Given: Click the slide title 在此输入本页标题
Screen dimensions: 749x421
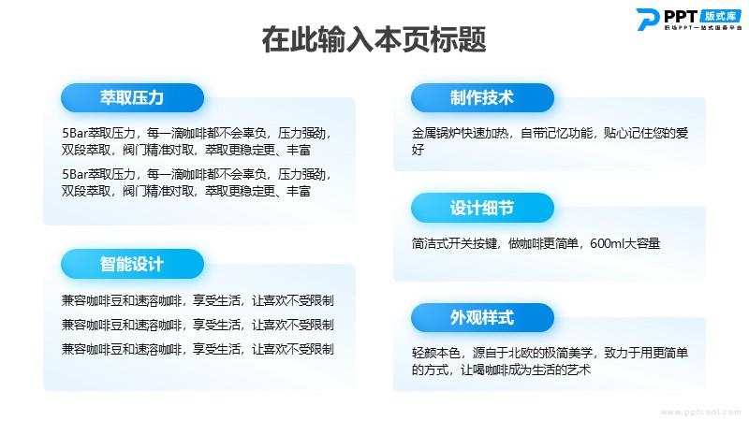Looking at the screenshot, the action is [x=374, y=39].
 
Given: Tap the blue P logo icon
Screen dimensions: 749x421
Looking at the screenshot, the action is [x=648, y=20].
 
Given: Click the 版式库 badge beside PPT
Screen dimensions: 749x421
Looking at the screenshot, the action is [x=721, y=16].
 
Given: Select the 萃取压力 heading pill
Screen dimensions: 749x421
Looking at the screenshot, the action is [x=132, y=98].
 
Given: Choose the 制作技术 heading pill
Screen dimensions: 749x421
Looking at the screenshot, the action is [x=482, y=98].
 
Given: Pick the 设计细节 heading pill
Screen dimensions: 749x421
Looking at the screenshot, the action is [x=482, y=208].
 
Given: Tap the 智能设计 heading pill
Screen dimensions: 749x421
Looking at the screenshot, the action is [x=132, y=264].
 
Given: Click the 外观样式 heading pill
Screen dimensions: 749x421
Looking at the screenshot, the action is [x=482, y=317].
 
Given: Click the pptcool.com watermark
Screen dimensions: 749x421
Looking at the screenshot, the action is [x=700, y=412].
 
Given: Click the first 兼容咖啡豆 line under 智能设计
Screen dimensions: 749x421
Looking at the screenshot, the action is [x=198, y=300].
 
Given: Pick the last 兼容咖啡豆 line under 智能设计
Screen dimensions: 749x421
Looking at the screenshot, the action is [x=198, y=349].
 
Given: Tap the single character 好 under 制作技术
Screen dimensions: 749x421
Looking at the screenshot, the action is [x=418, y=150].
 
